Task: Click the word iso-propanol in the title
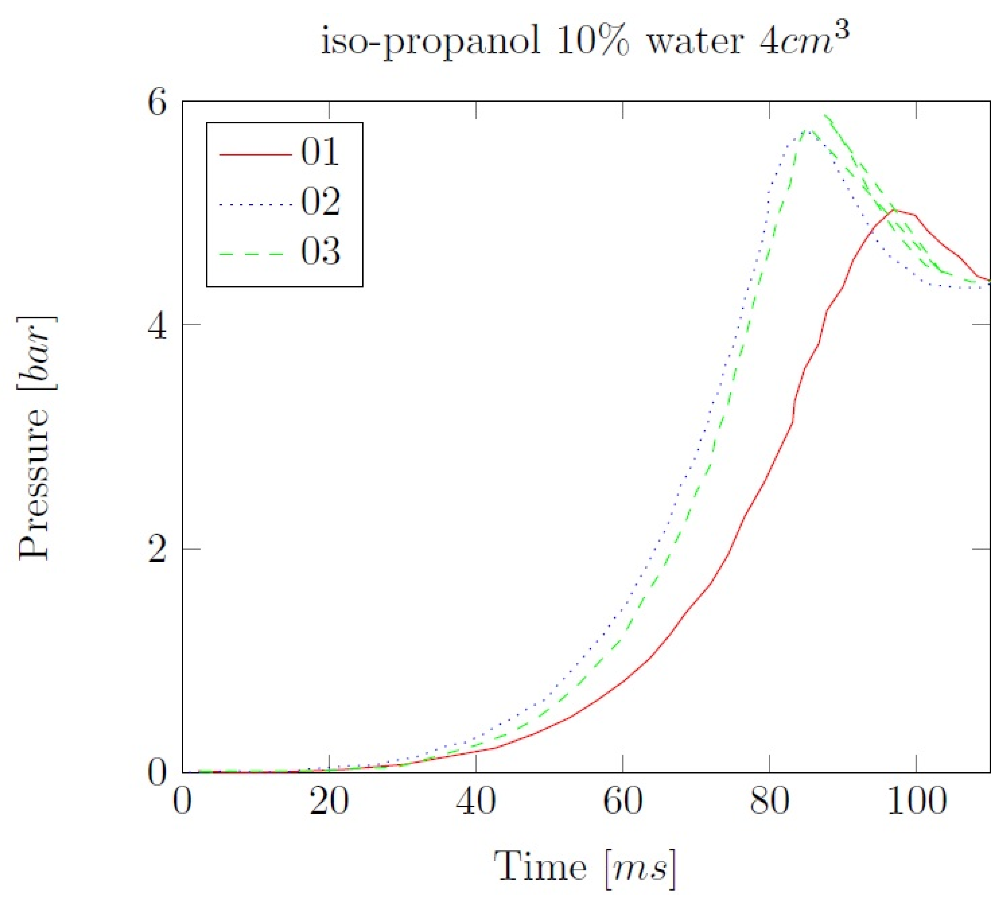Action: pos(430,42)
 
